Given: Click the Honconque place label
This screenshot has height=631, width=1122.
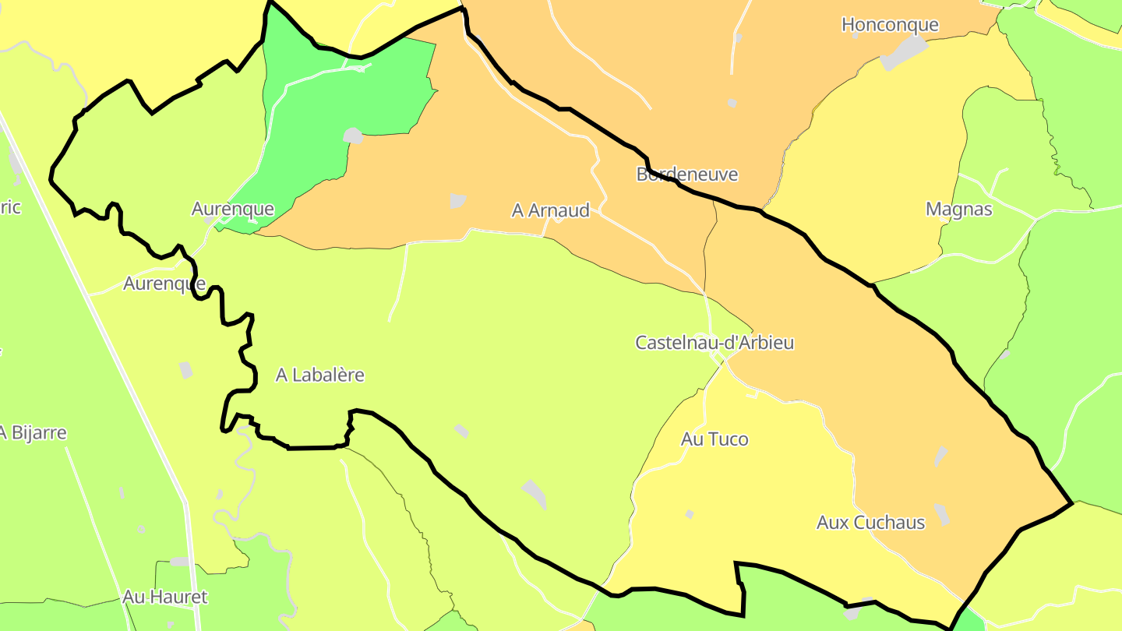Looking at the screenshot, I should [x=890, y=25].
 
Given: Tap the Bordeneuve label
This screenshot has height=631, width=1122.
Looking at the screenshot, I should [x=686, y=174].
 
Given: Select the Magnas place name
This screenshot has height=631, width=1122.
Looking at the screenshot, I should [x=958, y=210].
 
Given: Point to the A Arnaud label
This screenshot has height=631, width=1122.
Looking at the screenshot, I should [x=550, y=210].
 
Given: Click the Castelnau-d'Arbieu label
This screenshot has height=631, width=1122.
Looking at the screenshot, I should [x=714, y=343].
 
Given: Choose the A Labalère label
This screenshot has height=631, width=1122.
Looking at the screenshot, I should [x=319, y=375].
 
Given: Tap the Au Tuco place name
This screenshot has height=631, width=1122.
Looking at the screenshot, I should [x=714, y=439].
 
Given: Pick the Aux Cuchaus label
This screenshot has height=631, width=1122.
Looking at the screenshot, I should [x=870, y=523].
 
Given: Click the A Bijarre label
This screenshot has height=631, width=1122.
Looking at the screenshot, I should [x=33, y=433].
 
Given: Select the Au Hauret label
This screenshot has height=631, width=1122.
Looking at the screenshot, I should [x=165, y=598].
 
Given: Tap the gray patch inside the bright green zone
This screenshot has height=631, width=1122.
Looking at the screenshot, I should [x=353, y=136].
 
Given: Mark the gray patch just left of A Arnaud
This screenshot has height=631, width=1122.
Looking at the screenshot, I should [x=457, y=201].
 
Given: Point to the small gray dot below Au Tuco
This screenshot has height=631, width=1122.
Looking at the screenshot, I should [x=690, y=514].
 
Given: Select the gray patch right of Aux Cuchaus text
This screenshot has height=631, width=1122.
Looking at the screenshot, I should [x=943, y=514].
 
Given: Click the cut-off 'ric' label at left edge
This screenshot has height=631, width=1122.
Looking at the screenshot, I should [x=10, y=207].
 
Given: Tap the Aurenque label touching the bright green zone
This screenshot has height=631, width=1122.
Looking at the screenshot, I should [x=232, y=209].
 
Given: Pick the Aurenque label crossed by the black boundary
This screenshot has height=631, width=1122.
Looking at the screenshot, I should [x=164, y=284].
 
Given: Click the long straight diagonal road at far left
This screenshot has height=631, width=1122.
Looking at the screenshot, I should [x=93, y=312].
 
